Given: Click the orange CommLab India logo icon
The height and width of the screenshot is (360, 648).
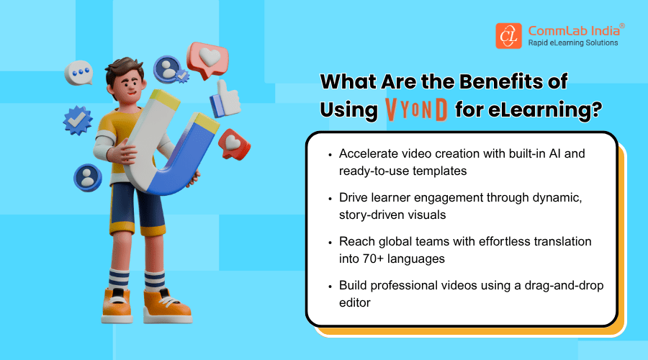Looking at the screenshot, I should pyautogui.click(x=508, y=36).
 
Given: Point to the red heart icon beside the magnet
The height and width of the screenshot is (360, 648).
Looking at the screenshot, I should pyautogui.click(x=234, y=143).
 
